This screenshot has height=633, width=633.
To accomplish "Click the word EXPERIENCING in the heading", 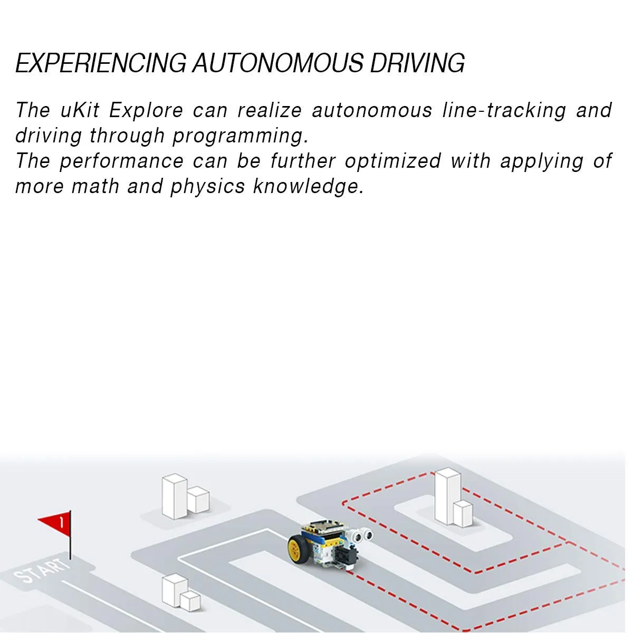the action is point(101,63).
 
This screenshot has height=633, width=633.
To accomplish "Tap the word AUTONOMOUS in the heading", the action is point(278,63).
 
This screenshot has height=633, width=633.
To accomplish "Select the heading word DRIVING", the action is point(417,63).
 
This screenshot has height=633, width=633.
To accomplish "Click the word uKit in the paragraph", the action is point(80,110).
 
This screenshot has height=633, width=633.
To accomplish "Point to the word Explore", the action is point(146,110).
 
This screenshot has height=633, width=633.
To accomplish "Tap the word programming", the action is point(241,136).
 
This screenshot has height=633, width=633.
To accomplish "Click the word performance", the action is point(121,161).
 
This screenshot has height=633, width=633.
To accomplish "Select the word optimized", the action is point(392,161).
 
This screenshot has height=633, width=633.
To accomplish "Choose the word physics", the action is point(208,187).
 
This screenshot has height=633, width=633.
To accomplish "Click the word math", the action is point(95,187).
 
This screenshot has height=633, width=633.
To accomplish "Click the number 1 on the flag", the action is point(61,522).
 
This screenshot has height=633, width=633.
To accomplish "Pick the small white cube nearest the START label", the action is point(190,601).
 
